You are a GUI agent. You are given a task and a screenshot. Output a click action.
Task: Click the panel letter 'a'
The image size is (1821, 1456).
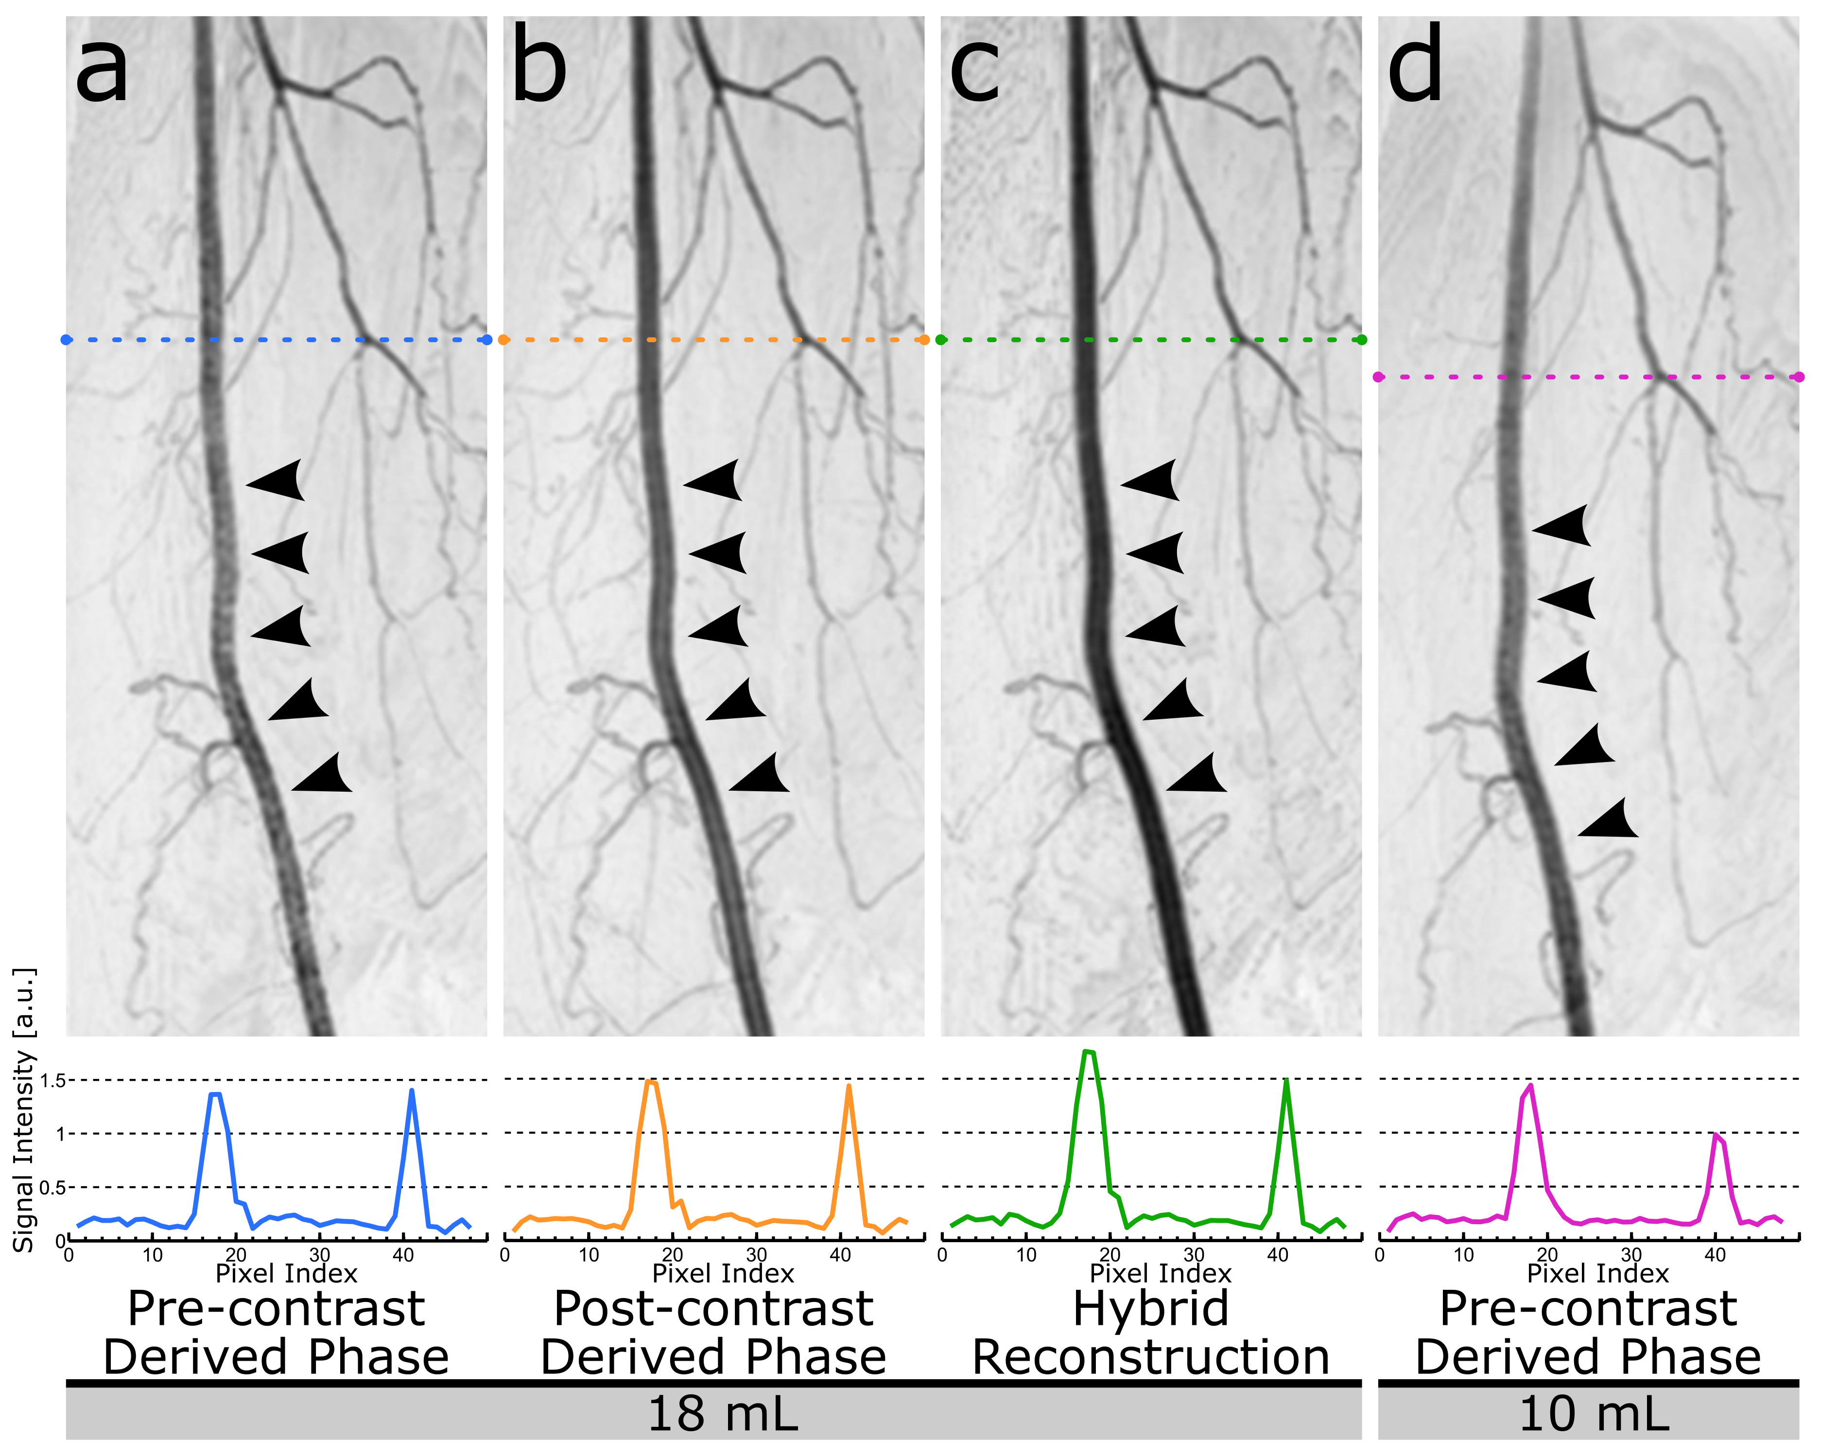(x=102, y=70)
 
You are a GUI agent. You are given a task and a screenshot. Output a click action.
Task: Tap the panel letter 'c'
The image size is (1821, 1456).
(x=975, y=70)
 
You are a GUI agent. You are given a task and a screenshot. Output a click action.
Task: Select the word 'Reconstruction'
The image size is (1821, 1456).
(x=1151, y=1358)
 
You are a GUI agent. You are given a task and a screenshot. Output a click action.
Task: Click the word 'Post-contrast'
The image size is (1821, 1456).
(x=714, y=1309)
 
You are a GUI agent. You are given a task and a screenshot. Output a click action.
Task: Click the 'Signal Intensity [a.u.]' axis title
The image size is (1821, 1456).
(x=24, y=1109)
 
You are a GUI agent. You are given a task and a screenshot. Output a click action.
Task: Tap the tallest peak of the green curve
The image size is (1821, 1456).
(x=1088, y=1052)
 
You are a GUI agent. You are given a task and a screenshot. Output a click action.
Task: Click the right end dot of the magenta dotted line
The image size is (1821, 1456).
(x=1799, y=377)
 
